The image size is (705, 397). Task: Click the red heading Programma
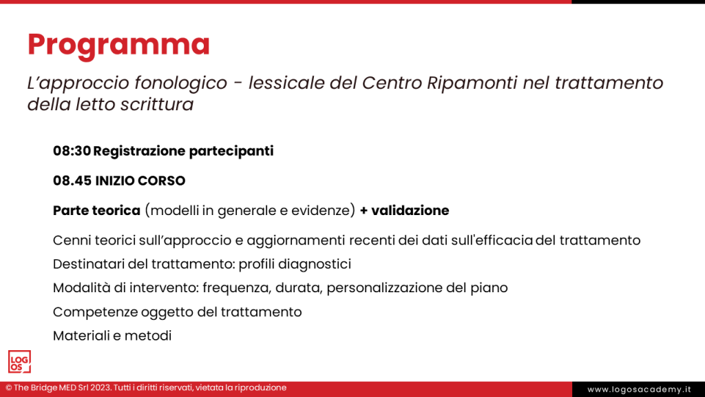[118, 45]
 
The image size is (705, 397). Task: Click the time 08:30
[72, 151]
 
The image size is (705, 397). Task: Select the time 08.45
[72, 181]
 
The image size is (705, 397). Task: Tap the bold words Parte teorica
[96, 211]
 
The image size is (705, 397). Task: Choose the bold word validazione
[410, 211]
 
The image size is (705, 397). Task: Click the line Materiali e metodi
[112, 336]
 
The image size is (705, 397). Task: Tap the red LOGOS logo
[19, 361]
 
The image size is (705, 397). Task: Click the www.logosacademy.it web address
[638, 389]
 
